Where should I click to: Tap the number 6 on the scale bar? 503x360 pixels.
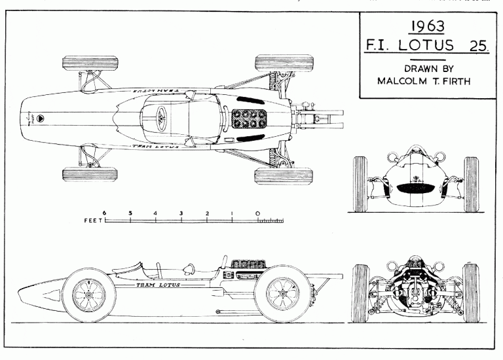tap(105, 213)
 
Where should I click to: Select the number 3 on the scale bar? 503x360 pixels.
tap(181, 213)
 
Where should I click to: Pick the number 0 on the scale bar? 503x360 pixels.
tap(257, 213)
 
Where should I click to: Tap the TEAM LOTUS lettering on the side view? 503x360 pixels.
tap(157, 285)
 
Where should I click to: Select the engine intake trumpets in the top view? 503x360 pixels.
tap(248, 118)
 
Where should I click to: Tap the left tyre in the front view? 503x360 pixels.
tap(361, 184)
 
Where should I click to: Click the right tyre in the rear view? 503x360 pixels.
tap(470, 293)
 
